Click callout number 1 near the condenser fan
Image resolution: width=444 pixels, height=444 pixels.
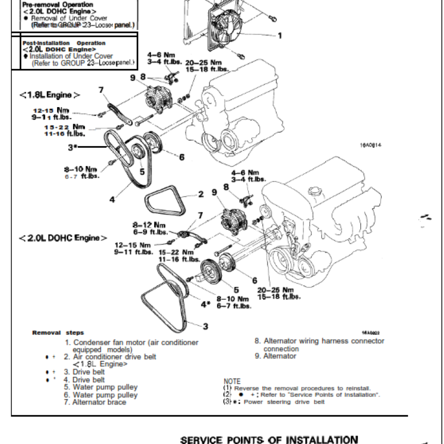(280, 36)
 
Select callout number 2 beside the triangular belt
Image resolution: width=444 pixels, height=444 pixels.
(201, 195)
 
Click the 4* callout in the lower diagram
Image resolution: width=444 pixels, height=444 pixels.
(205, 304)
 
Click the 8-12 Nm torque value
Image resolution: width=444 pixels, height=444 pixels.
(149, 225)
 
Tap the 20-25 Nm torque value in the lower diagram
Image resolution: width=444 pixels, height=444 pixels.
(275, 290)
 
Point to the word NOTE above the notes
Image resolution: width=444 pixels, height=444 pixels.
(232, 381)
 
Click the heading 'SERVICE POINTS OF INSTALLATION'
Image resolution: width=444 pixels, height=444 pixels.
(269, 439)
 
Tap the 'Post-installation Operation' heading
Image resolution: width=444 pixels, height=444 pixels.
(64, 43)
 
